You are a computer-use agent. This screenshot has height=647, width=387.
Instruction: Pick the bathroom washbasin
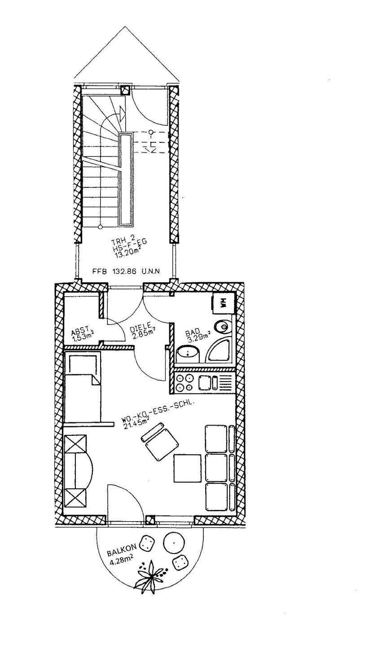click(188, 355)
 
